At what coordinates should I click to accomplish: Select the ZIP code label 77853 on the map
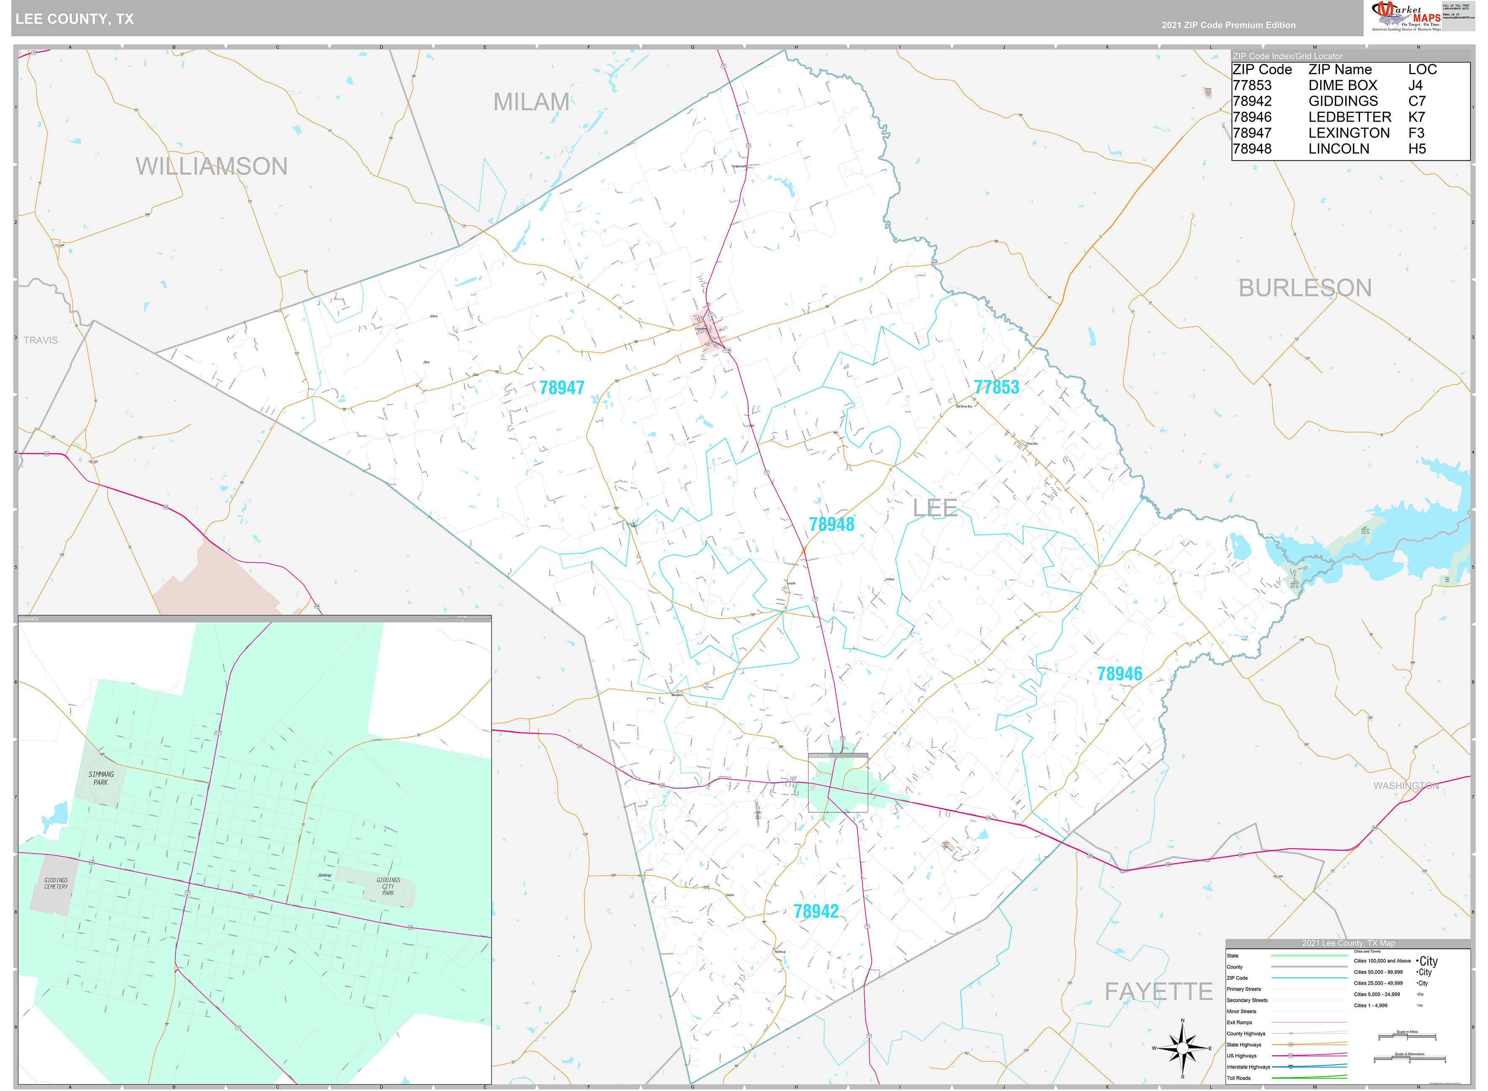pos(996,387)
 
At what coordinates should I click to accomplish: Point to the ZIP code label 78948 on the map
pos(832,525)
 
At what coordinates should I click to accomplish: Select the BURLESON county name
pos(1305,288)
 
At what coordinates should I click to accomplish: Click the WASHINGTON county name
pos(1406,785)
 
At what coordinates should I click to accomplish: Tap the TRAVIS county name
pos(41,340)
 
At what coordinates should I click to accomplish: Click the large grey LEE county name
pos(934,508)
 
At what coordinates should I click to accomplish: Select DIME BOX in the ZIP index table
pos(1343,85)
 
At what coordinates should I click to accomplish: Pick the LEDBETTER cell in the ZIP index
pos(1349,117)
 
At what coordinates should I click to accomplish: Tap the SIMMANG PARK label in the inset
pos(101,778)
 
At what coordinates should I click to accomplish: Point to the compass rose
pos(1182,1048)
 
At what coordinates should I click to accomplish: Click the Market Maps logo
pos(1405,16)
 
